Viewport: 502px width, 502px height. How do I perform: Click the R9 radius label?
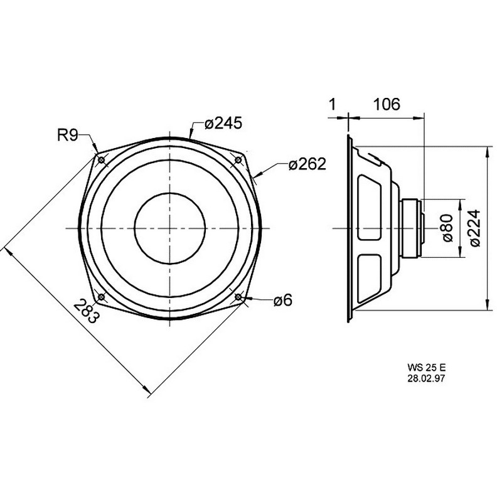coord(68,135)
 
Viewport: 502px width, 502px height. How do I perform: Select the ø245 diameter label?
coord(223,123)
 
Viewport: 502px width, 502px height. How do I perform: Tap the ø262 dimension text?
coord(307,164)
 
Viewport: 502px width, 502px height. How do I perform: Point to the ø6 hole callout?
coord(283,301)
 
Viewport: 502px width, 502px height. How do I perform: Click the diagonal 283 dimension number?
coord(85,311)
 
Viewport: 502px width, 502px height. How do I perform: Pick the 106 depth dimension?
coord(387,104)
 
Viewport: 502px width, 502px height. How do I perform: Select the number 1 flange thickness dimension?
coord(333,104)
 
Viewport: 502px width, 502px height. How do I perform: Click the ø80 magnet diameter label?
coord(448,228)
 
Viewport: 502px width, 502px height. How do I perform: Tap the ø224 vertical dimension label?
coord(475,228)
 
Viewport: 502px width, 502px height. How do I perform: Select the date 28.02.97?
coord(426,378)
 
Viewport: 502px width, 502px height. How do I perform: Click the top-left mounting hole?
coord(102,160)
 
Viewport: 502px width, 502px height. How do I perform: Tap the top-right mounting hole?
coord(238,160)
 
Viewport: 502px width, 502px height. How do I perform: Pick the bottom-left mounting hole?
coord(101,297)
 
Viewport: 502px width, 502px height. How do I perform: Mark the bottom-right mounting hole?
coord(238,297)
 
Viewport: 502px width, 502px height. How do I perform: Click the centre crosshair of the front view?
coord(170,228)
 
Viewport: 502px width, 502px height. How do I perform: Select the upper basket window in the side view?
coord(370,207)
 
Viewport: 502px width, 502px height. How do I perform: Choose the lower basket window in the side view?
coord(370,279)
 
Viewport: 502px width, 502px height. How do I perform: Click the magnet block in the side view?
coord(410,228)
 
